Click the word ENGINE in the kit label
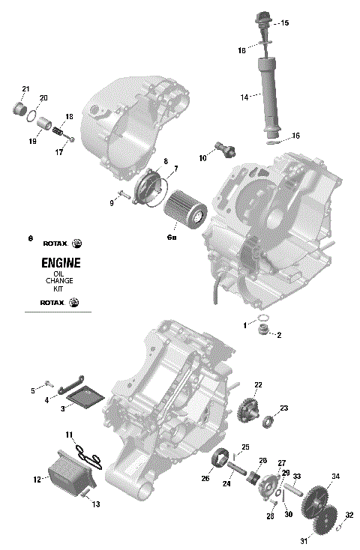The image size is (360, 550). click(x=56, y=264)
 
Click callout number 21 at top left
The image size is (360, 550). click(x=25, y=90)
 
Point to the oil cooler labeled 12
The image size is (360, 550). click(x=69, y=474)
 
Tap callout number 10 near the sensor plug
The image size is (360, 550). click(x=202, y=157)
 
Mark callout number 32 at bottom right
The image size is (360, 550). click(x=349, y=515)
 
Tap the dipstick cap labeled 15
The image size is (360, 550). click(x=263, y=20)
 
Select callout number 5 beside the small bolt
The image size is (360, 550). click(x=32, y=390)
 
